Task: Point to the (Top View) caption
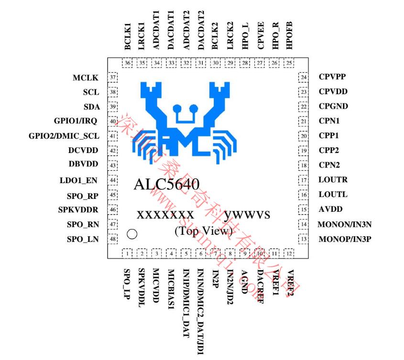tap(203, 231)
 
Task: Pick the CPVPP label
tap(333, 77)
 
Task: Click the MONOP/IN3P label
tap(344, 239)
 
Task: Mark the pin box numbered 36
tap(128, 63)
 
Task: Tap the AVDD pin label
tap(330, 209)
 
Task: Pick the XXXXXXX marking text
tap(165, 215)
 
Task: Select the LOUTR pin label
tap(333, 180)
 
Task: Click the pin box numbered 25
tap(289, 63)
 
